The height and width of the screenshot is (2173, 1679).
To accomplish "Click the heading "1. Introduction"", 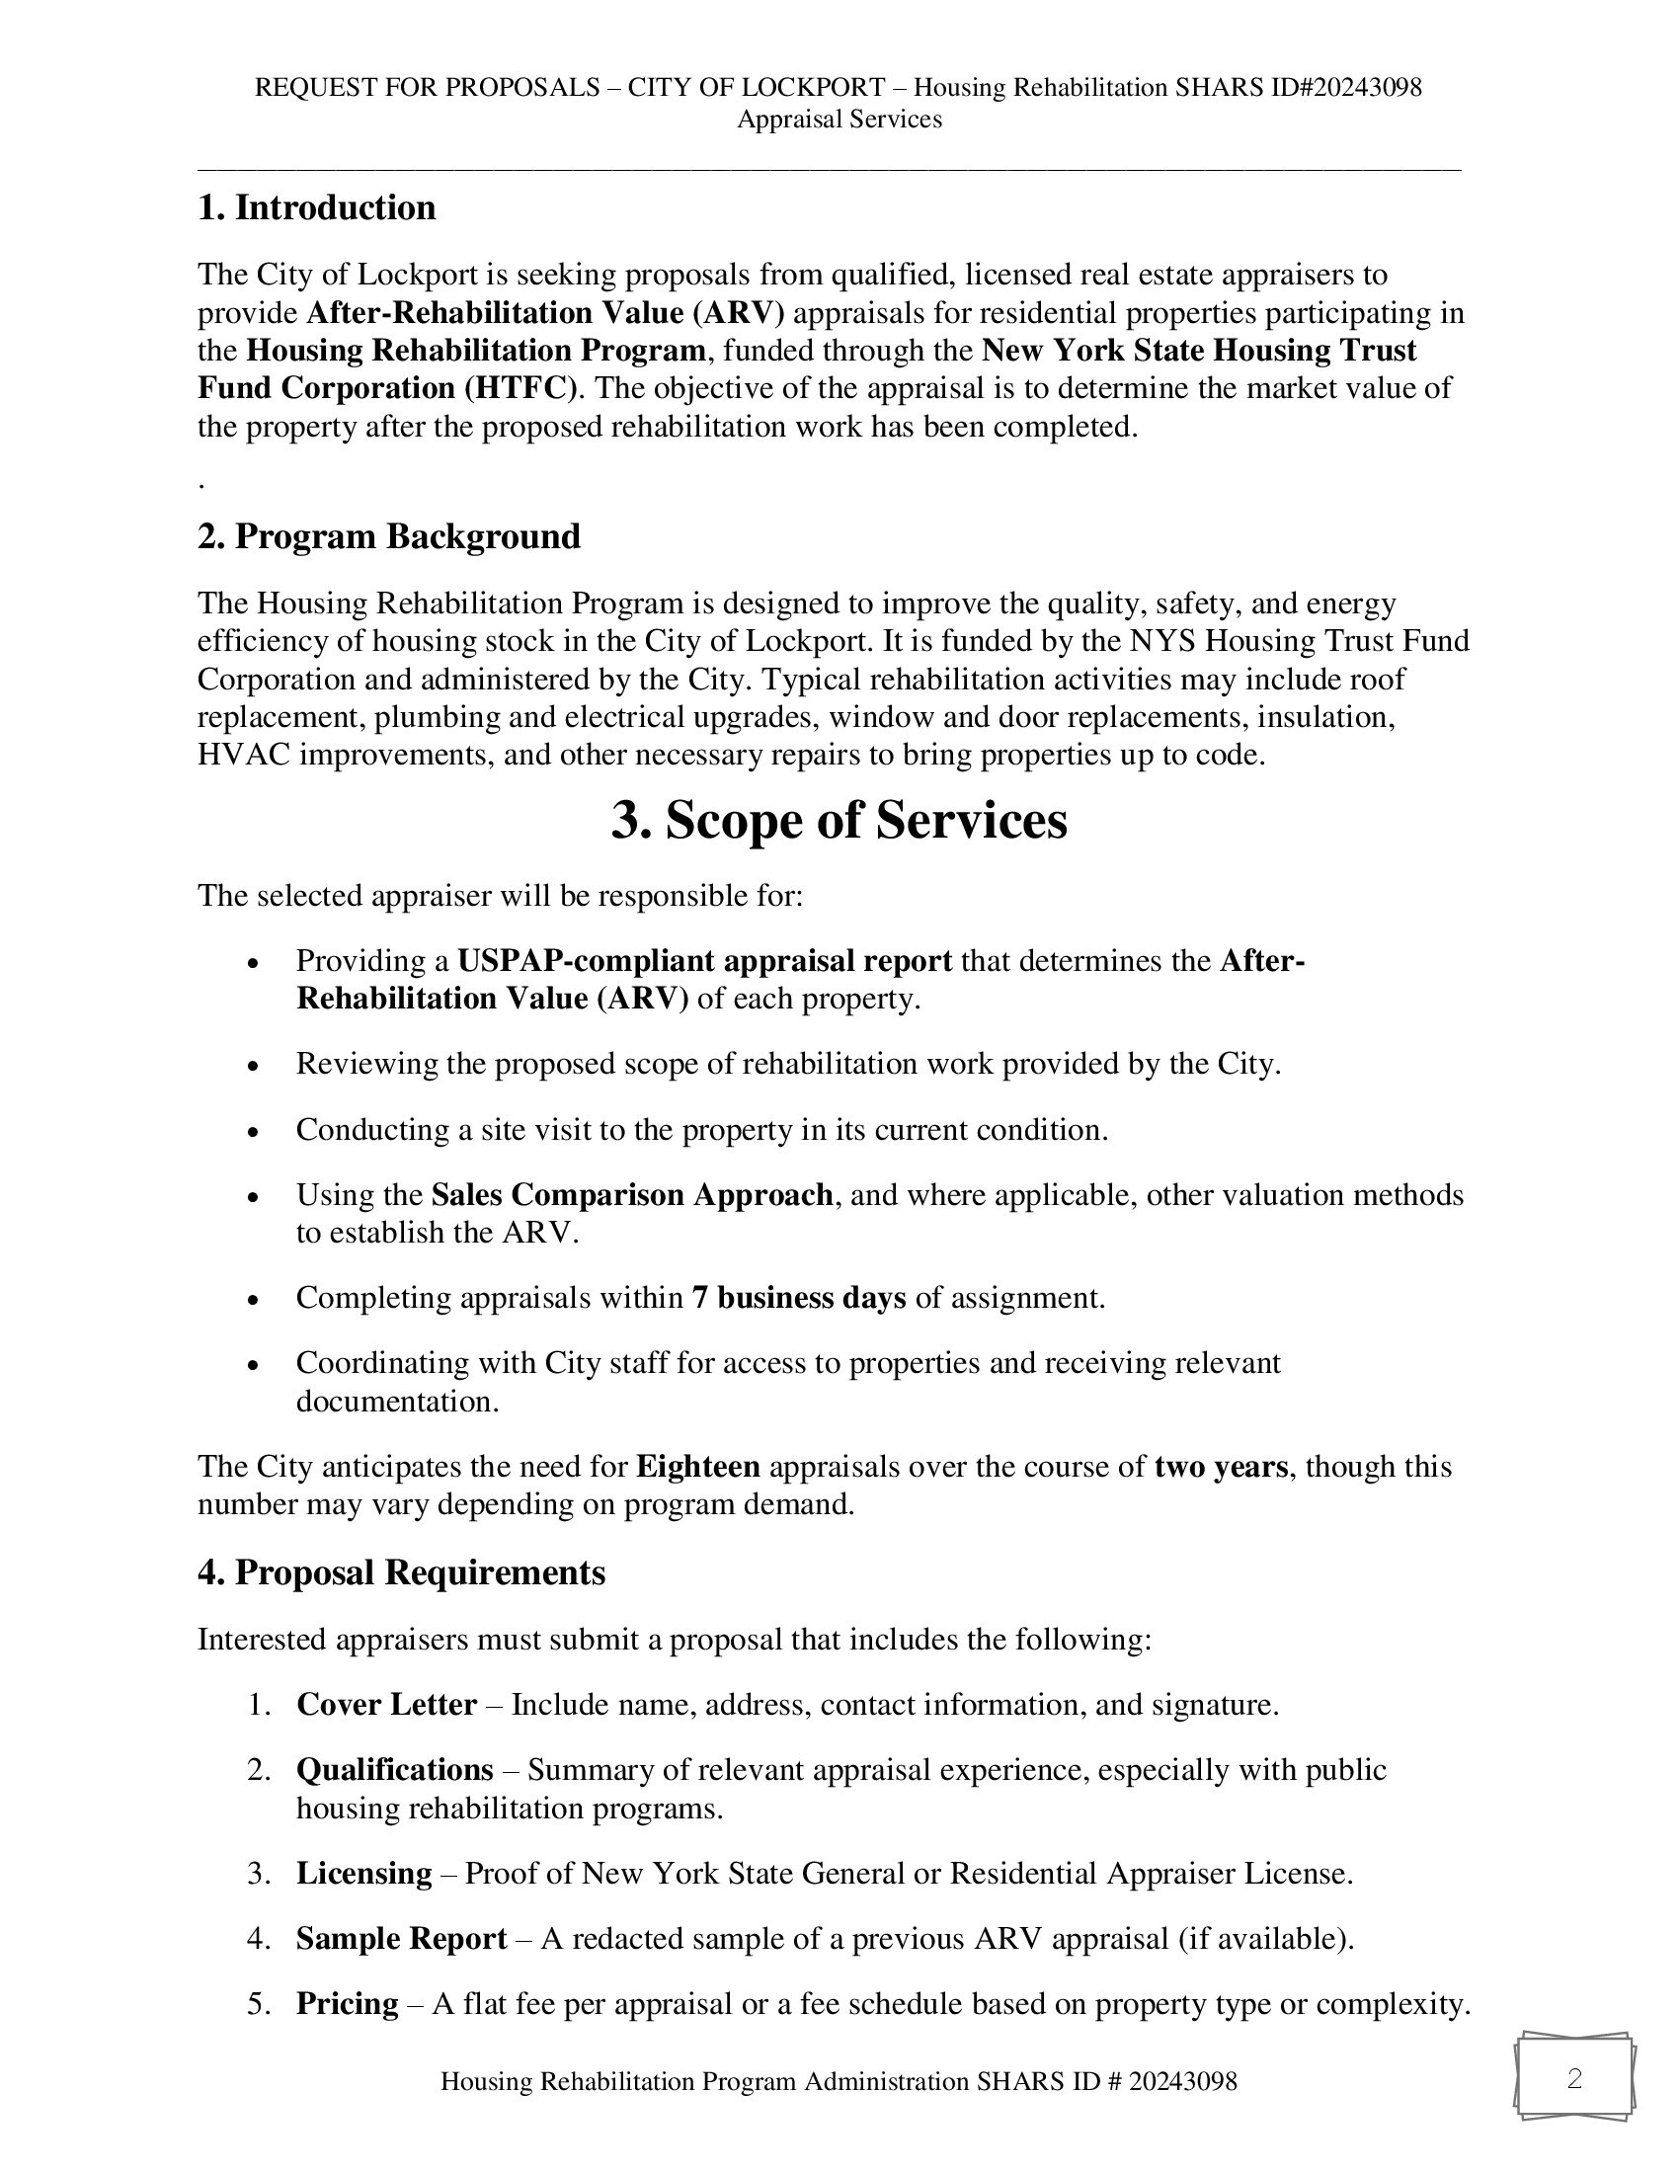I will coord(316,208).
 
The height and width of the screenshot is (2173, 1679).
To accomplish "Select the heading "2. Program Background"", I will coord(389,536).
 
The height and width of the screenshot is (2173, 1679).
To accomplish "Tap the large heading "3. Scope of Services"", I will coord(839,821).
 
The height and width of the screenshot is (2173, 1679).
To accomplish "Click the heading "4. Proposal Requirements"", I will coord(401,1572).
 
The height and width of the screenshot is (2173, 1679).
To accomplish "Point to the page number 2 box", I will coord(1573,2078).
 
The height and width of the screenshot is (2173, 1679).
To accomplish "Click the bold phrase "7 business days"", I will coord(799,1298).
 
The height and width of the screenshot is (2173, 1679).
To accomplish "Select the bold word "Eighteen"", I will coord(697,1467).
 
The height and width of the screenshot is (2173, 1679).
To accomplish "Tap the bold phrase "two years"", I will coord(1221,1467).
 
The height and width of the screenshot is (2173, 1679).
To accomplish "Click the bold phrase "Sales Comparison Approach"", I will coord(632,1194).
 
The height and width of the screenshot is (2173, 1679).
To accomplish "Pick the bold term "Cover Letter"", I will coord(386,1705).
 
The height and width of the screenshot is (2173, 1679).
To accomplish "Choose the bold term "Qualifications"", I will coord(395,1770).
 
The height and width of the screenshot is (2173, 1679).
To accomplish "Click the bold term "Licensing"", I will coord(364,1874).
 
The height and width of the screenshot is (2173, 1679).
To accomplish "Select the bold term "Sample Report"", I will coord(401,1938).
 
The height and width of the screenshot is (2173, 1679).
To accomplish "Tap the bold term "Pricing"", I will coord(347,2003).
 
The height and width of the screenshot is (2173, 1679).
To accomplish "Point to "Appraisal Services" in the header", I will coord(839,120).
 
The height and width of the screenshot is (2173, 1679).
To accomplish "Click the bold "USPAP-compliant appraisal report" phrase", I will coord(704,961).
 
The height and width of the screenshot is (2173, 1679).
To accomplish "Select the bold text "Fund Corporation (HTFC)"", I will coord(387,388).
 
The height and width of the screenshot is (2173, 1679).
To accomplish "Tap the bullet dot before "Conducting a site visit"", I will coord(254,1131).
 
